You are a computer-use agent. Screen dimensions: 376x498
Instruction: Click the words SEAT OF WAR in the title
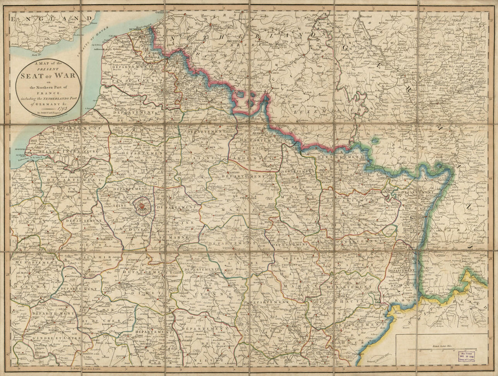point(48,75)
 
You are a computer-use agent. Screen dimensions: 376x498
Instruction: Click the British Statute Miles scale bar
point(442,349)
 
